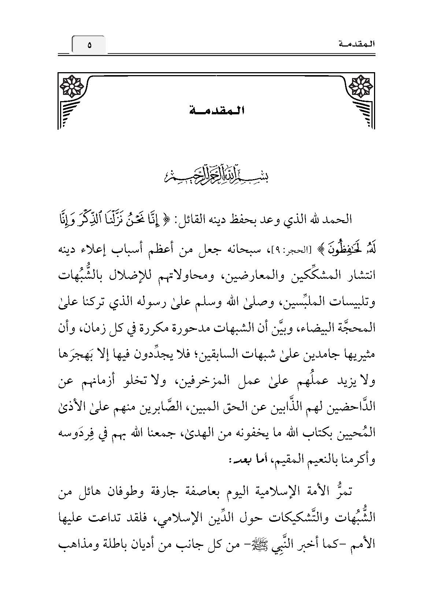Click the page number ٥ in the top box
coord(89,45)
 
